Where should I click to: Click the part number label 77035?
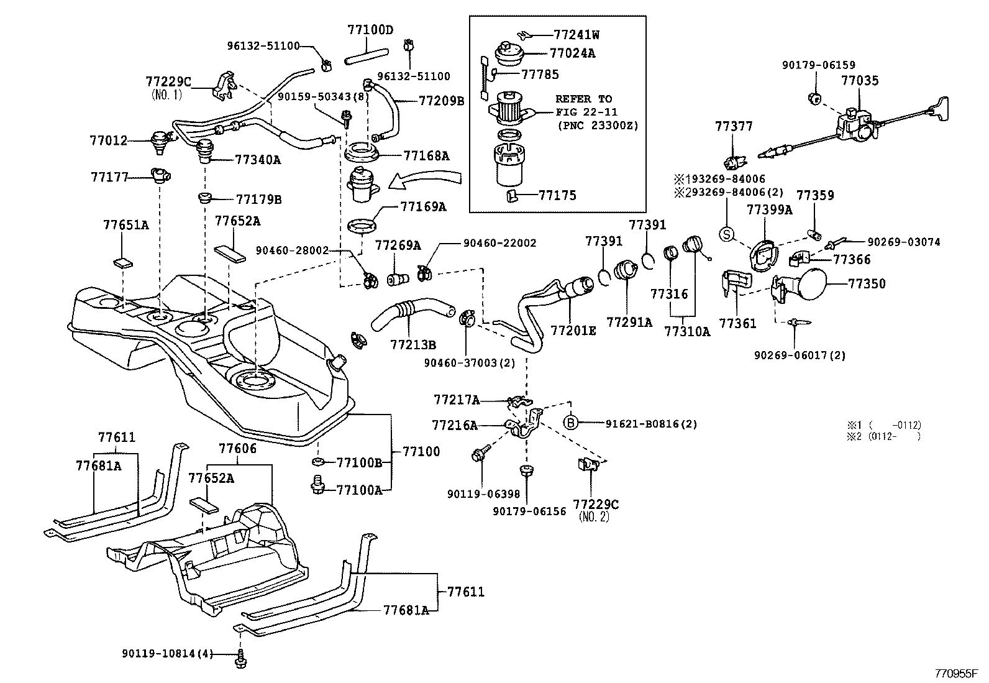860,80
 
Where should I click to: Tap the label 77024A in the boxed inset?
572,53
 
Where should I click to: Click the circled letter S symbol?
726,234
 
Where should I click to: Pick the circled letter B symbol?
571,424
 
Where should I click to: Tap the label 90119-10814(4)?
168,653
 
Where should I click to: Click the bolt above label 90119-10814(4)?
241,658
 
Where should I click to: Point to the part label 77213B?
413,344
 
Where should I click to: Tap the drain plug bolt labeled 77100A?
319,485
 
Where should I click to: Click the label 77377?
734,127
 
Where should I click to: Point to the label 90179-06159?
818,65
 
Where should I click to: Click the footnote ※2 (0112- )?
883,436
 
